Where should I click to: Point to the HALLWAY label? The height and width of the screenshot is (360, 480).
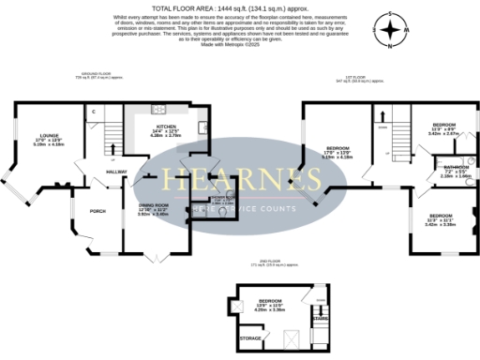click(x=117, y=172)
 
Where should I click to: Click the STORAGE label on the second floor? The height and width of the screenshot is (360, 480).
click(x=250, y=337)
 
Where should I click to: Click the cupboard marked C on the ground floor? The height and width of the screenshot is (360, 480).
click(x=94, y=112)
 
